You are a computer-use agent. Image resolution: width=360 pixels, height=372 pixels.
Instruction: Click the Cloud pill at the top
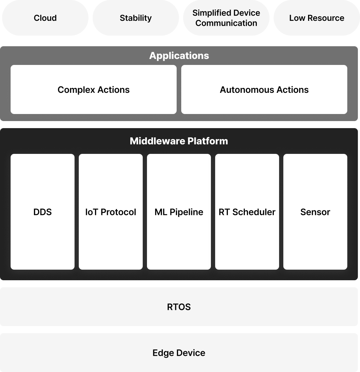(45, 18)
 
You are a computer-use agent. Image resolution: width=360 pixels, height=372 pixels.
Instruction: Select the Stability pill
(136, 18)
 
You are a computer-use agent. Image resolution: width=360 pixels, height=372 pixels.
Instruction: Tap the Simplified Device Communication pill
(226, 18)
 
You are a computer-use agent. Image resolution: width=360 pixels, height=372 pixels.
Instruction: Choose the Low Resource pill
(317, 18)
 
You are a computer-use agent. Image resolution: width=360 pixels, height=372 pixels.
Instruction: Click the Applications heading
(179, 55)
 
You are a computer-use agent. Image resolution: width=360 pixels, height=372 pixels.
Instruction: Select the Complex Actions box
(94, 89)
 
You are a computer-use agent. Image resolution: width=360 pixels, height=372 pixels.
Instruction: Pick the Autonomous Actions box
(264, 89)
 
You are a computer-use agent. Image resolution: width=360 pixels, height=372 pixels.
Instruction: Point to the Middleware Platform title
(179, 141)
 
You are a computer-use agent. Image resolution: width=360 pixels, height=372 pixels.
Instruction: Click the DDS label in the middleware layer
(42, 212)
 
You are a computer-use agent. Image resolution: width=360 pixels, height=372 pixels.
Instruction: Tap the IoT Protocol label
(111, 212)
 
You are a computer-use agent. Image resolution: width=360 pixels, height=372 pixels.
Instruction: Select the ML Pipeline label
(179, 212)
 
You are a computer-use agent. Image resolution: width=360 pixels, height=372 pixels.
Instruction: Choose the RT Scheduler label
(247, 212)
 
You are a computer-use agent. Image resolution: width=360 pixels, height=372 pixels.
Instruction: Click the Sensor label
(315, 212)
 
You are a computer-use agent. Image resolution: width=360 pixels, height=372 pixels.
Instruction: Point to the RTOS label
(179, 307)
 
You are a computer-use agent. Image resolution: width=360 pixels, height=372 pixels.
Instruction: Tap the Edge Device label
(179, 353)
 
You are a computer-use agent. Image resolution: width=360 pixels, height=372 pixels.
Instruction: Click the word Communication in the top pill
(226, 23)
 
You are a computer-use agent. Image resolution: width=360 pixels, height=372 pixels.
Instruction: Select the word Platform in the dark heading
(207, 141)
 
